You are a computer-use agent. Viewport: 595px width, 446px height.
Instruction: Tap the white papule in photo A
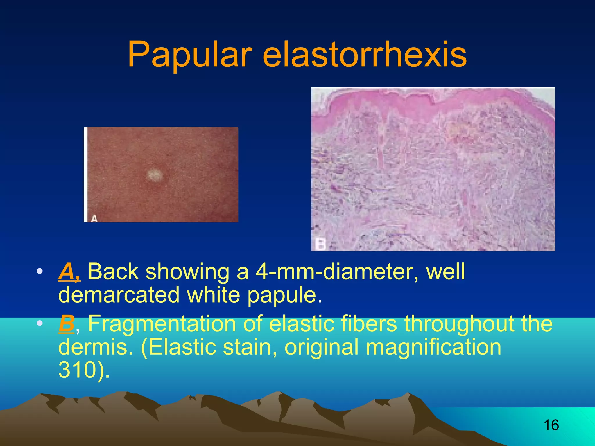pyautogui.click(x=154, y=175)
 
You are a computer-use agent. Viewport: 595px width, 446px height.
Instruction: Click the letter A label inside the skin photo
pyautogui.click(x=94, y=218)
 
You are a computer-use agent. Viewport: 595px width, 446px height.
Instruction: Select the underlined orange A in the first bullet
pyautogui.click(x=69, y=272)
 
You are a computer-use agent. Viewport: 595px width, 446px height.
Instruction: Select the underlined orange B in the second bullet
pyautogui.click(x=66, y=323)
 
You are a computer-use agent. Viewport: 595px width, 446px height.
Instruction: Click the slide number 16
pyautogui.click(x=551, y=425)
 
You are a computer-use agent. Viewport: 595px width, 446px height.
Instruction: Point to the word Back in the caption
pyautogui.click(x=113, y=272)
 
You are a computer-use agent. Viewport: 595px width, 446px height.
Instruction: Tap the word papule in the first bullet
pyautogui.click(x=285, y=295)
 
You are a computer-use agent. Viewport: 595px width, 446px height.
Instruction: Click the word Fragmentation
pyautogui.click(x=162, y=323)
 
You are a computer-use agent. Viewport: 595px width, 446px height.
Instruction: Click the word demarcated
pyautogui.click(x=119, y=295)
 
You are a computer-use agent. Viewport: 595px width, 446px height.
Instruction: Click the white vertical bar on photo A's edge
pyautogui.click(x=86, y=174)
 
